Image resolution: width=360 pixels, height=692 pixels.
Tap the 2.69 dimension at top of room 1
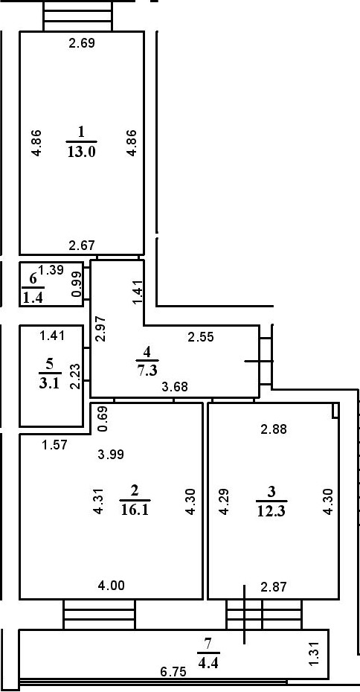tap(82, 43)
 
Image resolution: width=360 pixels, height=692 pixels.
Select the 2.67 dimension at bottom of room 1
tap(82, 246)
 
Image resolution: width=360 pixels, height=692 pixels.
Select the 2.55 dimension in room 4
tap(201, 336)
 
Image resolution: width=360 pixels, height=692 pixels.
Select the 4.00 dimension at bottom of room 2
tap(112, 585)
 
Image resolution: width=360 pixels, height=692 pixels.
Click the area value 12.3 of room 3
tap(271, 510)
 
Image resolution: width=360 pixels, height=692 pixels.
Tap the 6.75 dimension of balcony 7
tap(173, 671)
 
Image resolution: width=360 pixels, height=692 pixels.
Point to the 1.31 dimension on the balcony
tap(313, 654)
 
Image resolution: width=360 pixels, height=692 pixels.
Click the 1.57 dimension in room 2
tap(54, 444)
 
